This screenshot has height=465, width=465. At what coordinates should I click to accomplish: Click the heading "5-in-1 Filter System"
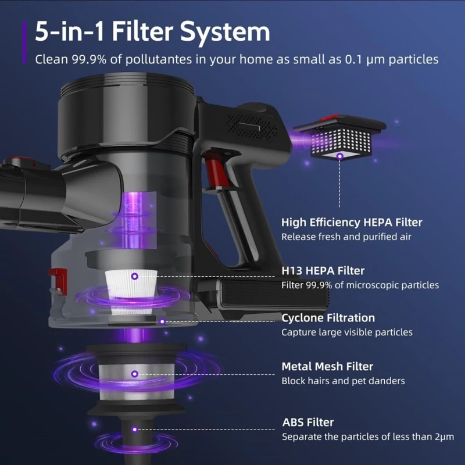click(x=152, y=31)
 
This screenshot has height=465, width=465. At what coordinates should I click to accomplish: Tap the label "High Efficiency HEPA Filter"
click(x=352, y=223)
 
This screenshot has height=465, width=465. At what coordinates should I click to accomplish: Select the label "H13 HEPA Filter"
click(x=323, y=271)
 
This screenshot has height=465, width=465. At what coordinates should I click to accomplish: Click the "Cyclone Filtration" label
click(x=328, y=318)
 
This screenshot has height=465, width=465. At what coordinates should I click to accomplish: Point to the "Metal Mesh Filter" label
click(x=327, y=367)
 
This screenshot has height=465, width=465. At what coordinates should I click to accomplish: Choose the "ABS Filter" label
click(x=308, y=423)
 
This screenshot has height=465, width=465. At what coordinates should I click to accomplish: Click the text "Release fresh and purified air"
click(x=346, y=237)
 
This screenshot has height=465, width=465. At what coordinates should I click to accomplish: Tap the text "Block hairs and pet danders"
click(x=343, y=381)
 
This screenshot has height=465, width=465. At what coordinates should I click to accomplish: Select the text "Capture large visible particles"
click(x=347, y=332)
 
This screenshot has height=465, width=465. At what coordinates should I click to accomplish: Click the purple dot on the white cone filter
click(x=135, y=277)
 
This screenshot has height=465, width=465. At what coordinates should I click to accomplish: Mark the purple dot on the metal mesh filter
click(x=135, y=374)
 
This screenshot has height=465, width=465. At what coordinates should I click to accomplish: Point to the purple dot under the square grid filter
click(x=340, y=156)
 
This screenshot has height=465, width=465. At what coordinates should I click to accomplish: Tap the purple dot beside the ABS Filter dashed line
click(x=135, y=430)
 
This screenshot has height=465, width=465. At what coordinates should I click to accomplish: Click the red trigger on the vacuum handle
click(x=212, y=172)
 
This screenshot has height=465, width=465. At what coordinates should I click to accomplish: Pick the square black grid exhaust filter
click(x=339, y=138)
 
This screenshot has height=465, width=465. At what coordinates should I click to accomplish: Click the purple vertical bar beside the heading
click(x=24, y=42)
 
